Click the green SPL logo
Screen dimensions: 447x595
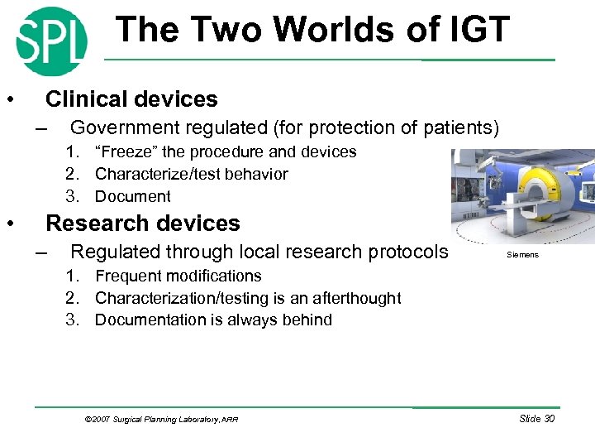[51, 41]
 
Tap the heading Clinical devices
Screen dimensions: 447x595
[131, 99]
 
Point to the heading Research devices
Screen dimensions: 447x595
[142, 223]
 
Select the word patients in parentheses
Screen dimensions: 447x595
[459, 127]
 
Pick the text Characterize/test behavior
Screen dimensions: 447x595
[191, 174]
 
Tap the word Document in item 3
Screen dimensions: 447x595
[132, 196]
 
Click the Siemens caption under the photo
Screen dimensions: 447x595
[522, 255]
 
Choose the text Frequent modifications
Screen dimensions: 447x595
[178, 276]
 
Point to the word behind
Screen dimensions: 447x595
[306, 320]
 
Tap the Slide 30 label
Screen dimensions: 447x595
[536, 419]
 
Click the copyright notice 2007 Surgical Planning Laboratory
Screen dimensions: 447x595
[161, 420]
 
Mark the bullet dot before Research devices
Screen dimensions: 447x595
[9, 223]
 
